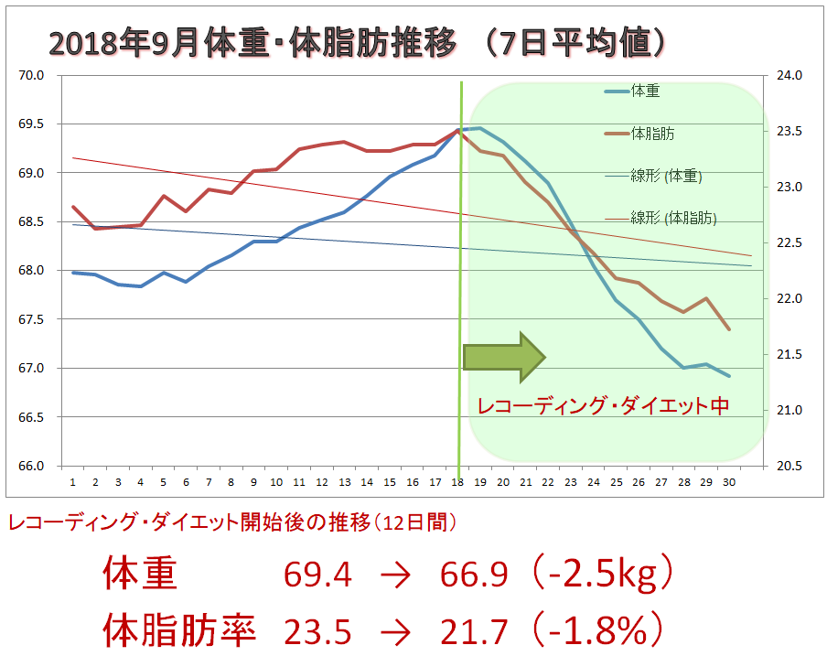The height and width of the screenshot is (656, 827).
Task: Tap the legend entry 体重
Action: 646,91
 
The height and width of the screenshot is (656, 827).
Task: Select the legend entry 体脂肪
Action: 653,134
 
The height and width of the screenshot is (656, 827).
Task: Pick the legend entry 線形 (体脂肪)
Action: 673,218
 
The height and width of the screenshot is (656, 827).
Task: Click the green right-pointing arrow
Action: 504,356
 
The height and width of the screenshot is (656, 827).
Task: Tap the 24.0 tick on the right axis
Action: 788,75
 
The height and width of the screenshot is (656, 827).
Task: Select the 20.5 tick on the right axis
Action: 788,466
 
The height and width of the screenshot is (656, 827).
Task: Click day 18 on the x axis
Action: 457,481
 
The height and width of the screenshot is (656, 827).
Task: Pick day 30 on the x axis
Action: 728,481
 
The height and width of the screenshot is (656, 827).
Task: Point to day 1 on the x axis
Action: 72,481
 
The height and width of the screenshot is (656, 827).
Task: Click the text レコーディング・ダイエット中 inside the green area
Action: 604,405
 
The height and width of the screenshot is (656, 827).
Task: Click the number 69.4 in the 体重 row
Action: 317,575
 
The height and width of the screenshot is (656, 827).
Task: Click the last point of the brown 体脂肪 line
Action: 728,329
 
